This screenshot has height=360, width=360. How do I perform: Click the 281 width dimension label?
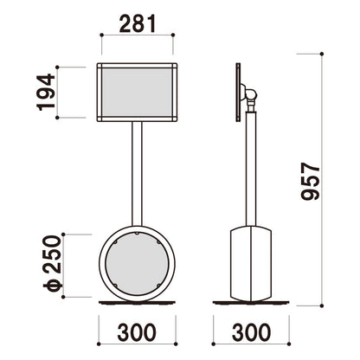138,23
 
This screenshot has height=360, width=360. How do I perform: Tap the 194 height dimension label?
46,93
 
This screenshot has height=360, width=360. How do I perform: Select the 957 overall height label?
311,182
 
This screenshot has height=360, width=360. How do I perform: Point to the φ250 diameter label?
53,263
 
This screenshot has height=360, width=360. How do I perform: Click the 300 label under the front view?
137,332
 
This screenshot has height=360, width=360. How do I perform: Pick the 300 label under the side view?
251,332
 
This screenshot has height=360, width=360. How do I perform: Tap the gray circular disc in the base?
137,263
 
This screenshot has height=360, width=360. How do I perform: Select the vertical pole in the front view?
137,174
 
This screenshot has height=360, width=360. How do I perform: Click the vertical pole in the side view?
251,169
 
